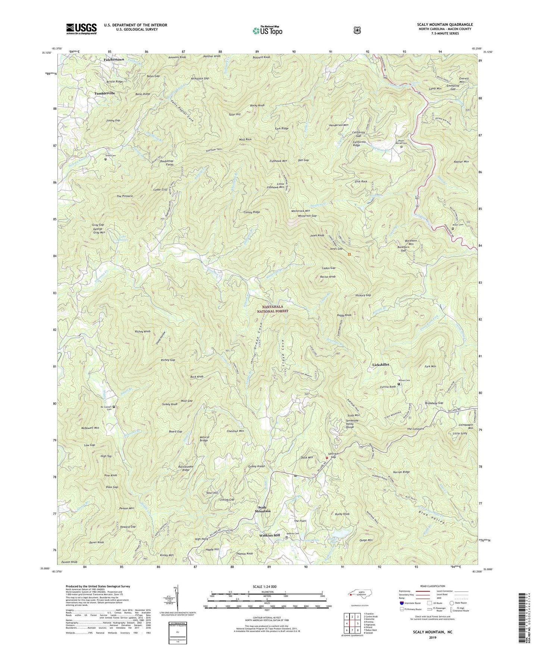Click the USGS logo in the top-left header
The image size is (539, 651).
point(81,28)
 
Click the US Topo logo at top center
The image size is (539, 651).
point(266,30)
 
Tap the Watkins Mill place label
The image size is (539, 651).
point(269,535)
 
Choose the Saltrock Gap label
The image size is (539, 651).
point(333,455)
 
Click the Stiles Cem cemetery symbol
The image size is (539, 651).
point(105,160)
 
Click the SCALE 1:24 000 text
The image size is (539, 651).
point(267,586)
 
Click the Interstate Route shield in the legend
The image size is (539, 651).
point(401,603)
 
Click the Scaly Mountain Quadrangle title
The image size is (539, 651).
point(445,25)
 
